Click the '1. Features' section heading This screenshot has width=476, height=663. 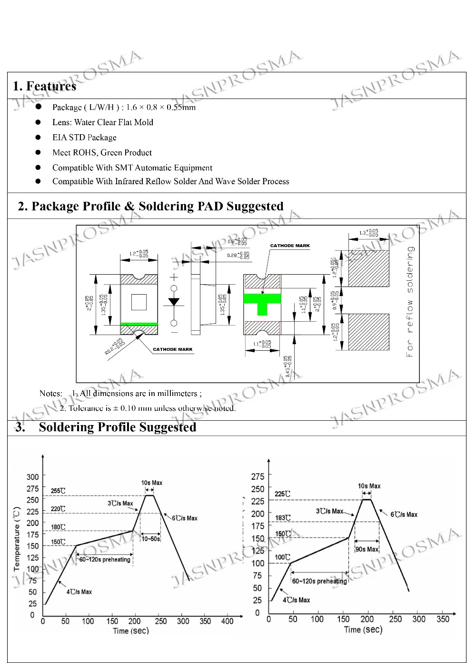click(x=44, y=86)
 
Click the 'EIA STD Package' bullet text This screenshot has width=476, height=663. click(x=84, y=138)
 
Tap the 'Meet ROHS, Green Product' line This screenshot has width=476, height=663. click(x=102, y=153)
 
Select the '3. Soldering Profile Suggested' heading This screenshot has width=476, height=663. click(x=106, y=427)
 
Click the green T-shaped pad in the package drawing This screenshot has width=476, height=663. click(x=262, y=302)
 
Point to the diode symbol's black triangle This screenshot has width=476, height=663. click(x=174, y=301)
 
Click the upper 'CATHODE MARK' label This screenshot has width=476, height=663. click(x=290, y=246)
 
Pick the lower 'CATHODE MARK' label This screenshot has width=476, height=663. click(x=173, y=349)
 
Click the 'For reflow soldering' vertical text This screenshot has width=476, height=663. click(x=410, y=301)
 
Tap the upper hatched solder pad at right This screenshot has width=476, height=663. click(x=369, y=268)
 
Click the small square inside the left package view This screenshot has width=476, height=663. click(x=139, y=302)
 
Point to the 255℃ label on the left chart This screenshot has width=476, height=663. click(x=58, y=491)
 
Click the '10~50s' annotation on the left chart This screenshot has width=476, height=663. click(x=150, y=539)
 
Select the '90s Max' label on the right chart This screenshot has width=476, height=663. click(x=367, y=549)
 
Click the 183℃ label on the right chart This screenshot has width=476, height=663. click(x=283, y=518)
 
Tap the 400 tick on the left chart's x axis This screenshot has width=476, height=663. click(x=228, y=621)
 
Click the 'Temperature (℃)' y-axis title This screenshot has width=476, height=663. click(x=17, y=539)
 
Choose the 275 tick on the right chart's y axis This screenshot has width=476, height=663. click(x=258, y=476)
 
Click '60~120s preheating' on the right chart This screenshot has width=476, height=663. click(x=319, y=581)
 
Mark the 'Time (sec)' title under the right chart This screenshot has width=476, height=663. click(x=363, y=630)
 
